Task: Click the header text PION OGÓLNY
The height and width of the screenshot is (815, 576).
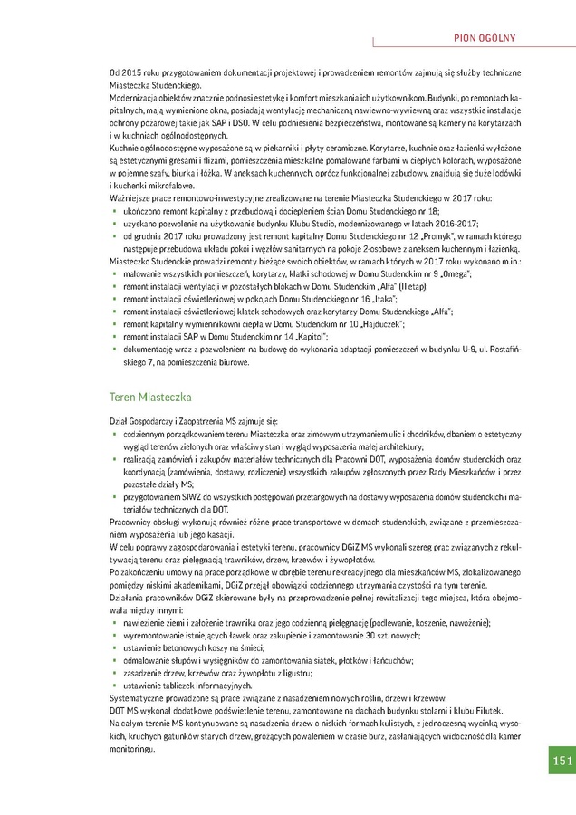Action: pyautogui.click(x=485, y=37)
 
